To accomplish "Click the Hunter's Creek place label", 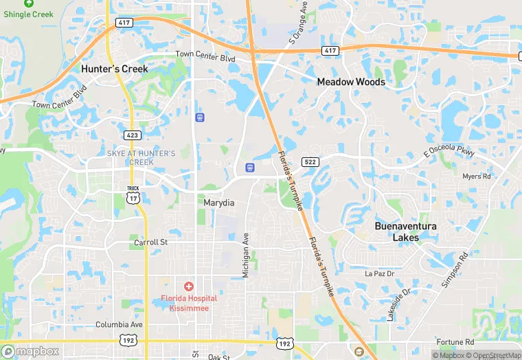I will (114, 69).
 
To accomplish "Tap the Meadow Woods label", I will (350, 82).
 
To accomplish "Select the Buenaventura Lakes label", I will (405, 232).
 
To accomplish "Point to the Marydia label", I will (218, 203).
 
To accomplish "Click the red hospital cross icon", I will (188, 286).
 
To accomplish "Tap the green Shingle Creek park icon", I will (28, 3).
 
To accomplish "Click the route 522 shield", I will (310, 161).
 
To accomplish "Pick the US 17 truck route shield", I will (133, 195).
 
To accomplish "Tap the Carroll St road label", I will (150, 243).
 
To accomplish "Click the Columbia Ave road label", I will (119, 324).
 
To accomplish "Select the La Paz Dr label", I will (380, 273).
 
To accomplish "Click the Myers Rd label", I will (477, 177).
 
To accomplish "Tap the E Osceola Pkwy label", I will (449, 150).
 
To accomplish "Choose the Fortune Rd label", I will (455, 341).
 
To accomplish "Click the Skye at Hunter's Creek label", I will (141, 157).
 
